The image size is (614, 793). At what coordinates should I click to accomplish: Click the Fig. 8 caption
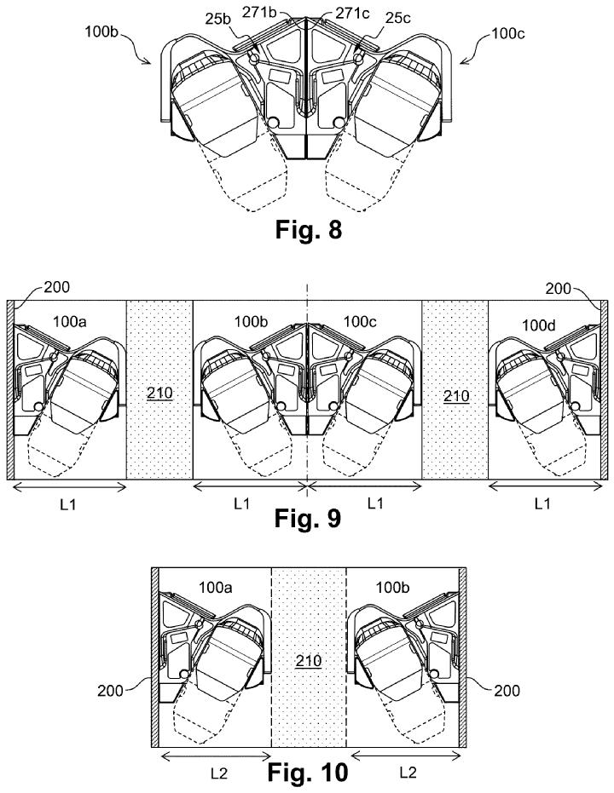[308, 230]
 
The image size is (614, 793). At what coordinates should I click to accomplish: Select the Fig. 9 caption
[308, 518]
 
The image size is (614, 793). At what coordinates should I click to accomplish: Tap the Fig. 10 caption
[308, 773]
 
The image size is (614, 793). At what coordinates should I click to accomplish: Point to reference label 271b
[259, 12]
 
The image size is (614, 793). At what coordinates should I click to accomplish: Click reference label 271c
[353, 13]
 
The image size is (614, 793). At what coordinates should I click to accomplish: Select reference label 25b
[218, 19]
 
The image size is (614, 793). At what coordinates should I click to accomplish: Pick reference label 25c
[397, 18]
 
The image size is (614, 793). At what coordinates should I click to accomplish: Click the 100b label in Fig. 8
[101, 32]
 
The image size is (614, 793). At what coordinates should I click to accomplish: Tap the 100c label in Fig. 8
[508, 34]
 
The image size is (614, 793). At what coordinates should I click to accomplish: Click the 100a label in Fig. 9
[70, 321]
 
